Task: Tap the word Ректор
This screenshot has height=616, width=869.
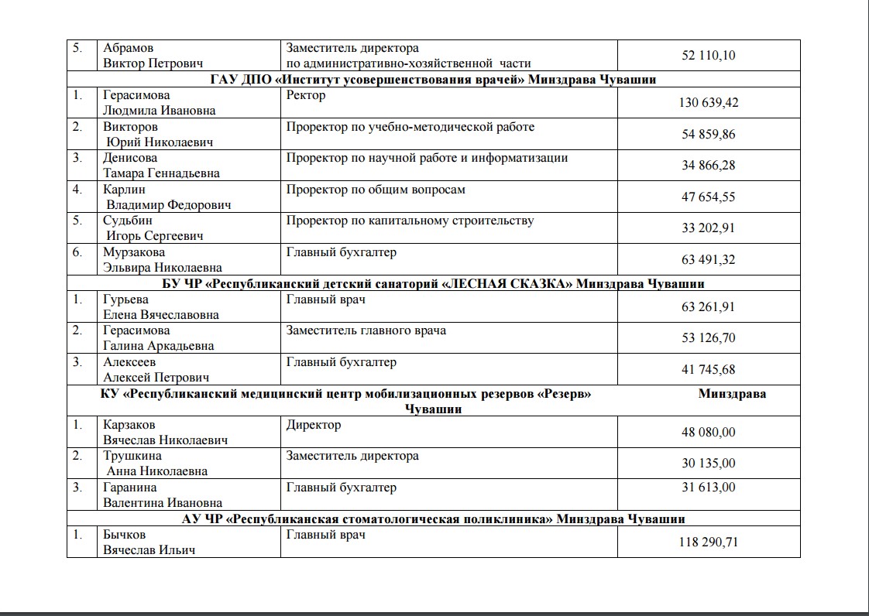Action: point(306,95)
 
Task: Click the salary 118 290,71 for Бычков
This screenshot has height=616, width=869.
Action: point(709,542)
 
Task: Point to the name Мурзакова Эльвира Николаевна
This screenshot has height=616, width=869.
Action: point(162,260)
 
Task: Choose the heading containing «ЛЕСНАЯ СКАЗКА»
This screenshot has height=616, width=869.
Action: point(433,283)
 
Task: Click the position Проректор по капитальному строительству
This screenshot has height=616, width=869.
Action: point(410,221)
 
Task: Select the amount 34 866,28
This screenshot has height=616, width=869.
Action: point(709,166)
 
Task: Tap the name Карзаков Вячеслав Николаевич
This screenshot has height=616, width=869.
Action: point(165,433)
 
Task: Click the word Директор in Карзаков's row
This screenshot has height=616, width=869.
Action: point(313,425)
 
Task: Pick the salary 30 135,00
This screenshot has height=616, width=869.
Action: point(709,464)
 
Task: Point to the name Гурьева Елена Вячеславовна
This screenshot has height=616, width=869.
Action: point(160,307)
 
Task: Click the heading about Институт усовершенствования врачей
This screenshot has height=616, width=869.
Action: point(433,80)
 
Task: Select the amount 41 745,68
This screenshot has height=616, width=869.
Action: point(709,369)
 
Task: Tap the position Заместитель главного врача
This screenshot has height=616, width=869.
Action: point(366,330)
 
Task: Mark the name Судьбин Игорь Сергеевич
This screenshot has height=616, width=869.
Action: point(153,228)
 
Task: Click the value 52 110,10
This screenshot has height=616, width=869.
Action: point(709,56)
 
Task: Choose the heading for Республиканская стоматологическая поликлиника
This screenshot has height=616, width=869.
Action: point(433,518)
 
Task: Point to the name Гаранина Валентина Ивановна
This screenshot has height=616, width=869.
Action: point(162,495)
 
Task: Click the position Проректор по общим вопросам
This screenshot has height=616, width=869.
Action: point(376,190)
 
